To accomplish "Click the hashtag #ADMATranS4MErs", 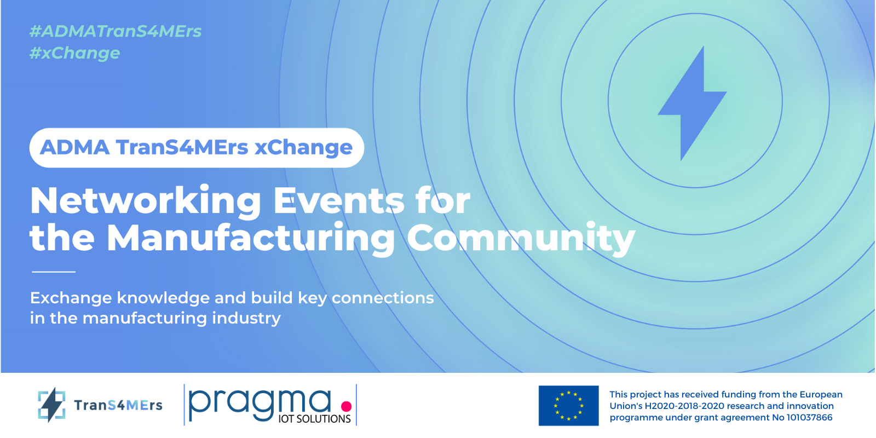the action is [x=116, y=31].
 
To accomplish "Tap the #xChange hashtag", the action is [x=74, y=53].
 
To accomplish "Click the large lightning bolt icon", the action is [x=692, y=103].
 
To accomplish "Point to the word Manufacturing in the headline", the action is [x=251, y=238].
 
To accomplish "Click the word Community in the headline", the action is [x=521, y=238].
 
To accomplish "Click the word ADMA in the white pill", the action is [x=74, y=147].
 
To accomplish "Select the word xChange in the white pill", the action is [x=303, y=147].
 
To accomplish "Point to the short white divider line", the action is [x=54, y=272].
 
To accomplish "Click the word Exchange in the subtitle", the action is [x=71, y=298].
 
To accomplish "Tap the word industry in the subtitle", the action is [x=246, y=318].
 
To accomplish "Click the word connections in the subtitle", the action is [x=383, y=298].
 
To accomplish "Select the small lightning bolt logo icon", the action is [x=51, y=405].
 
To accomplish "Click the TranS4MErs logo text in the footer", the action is [x=118, y=405].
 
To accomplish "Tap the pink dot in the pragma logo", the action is [x=346, y=406].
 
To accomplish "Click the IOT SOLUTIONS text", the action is [x=314, y=419].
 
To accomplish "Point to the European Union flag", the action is [x=568, y=406].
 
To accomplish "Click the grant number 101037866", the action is [x=809, y=418].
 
